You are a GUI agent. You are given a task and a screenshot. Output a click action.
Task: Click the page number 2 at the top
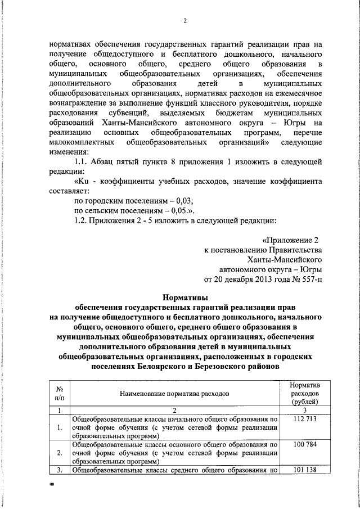pos(184,21)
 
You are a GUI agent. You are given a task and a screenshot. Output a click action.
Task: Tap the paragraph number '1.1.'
pos(83,161)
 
